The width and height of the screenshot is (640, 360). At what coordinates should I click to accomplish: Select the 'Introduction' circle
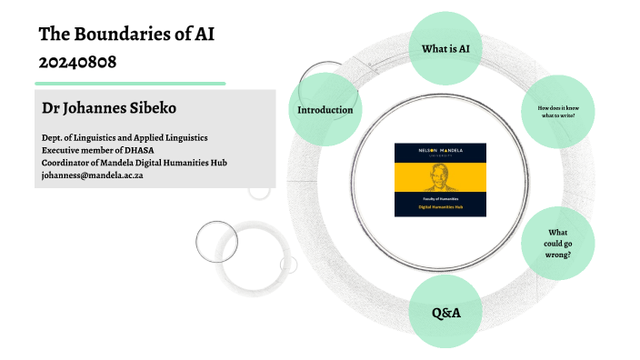coord(325,110)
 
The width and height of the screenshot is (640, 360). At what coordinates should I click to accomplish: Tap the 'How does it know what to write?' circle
coord(558,111)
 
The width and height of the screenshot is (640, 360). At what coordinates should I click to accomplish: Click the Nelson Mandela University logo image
coord(440,179)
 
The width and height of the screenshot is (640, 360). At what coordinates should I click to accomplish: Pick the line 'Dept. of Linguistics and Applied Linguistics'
coord(125,137)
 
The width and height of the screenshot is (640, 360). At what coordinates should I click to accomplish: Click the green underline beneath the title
coord(131,83)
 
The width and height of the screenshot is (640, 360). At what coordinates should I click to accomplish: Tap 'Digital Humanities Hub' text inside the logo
coord(440,208)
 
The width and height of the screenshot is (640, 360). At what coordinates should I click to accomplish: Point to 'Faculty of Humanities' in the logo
coord(440,200)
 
